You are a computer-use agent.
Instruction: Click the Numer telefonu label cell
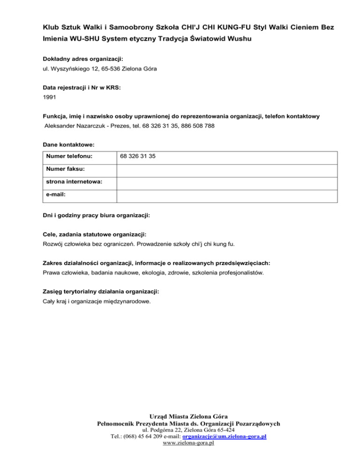point(79,158)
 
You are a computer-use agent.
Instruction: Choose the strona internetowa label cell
point(79,183)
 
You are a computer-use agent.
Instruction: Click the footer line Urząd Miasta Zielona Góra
point(188,416)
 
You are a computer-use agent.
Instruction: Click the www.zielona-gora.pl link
point(187,443)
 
